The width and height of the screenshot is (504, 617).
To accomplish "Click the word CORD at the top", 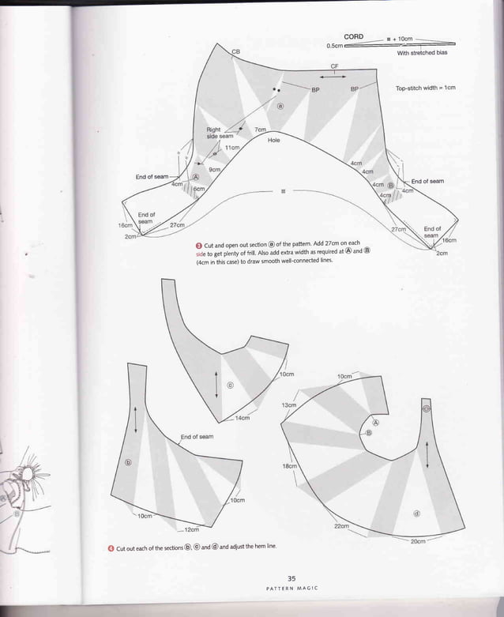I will click(x=353, y=37).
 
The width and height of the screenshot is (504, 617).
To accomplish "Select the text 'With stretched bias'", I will click(x=422, y=52).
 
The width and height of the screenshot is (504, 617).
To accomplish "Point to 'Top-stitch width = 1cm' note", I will click(x=426, y=88).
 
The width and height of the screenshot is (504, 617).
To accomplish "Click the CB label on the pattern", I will click(x=235, y=51).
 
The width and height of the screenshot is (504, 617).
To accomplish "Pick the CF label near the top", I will click(x=334, y=66).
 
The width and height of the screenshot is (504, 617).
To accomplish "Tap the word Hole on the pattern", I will click(x=274, y=140).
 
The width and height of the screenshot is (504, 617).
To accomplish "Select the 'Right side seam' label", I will click(x=219, y=133).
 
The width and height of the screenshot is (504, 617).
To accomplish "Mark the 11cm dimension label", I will click(x=231, y=148).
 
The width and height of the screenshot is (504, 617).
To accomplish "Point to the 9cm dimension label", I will click(x=213, y=169).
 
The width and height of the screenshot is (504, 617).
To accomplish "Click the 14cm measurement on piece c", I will click(x=243, y=418).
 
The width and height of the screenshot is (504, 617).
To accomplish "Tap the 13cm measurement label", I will click(x=288, y=404).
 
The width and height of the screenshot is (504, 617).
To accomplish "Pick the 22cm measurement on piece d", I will click(x=341, y=525).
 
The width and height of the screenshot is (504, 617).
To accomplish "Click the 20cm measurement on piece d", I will click(x=418, y=541).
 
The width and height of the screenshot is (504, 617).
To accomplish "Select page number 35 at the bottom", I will click(x=291, y=577).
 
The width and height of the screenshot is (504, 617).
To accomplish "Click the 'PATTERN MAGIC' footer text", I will click(x=291, y=589).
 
